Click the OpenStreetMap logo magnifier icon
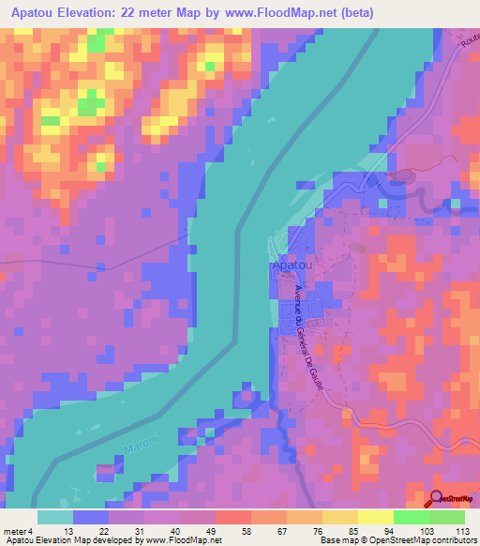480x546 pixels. click(x=438, y=498)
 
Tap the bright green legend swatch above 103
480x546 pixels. click(x=411, y=517)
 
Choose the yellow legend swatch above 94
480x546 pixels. click(x=375, y=517)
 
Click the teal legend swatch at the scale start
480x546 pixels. click(x=55, y=517)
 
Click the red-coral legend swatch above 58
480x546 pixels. click(x=233, y=517)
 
